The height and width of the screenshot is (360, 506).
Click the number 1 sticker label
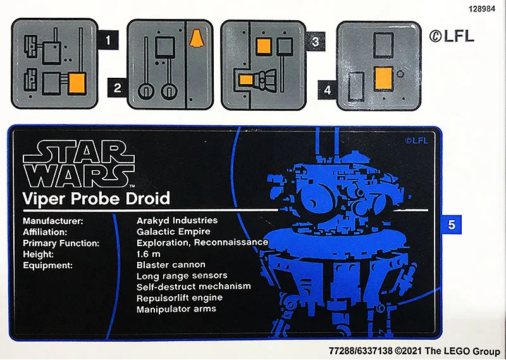click(108, 40)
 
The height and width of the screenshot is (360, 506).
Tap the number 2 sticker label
click(118, 87)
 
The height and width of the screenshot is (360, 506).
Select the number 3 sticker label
click(315, 41)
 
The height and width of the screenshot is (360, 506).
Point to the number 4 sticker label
click(327, 90)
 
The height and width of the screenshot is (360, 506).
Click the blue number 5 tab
click(452, 225)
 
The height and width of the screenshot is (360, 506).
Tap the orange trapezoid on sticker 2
click(197, 38)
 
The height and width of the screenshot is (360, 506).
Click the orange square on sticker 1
click(77, 84)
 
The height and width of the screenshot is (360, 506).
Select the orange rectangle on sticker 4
click(383, 78)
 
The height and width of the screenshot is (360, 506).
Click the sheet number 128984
click(482, 9)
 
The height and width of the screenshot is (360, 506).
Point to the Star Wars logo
click(79, 164)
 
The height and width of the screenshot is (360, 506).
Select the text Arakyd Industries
click(177, 221)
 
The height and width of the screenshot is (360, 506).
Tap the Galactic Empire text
click(173, 232)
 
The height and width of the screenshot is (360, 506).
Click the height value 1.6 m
click(149, 254)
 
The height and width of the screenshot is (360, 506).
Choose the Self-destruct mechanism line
click(194, 287)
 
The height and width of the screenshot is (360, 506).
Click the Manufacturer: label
click(53, 221)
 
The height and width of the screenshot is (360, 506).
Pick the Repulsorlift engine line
click(180, 298)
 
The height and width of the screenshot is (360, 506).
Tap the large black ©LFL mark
click(452, 36)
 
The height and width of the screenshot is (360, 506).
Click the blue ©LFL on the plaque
click(416, 140)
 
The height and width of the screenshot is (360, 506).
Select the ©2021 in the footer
click(409, 351)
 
